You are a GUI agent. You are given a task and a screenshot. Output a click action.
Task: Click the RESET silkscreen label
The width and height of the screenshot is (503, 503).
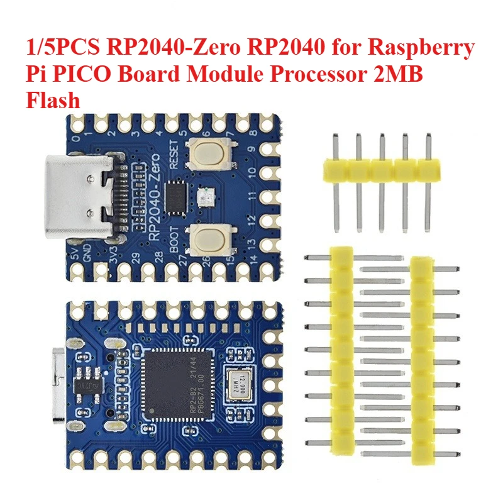pyautogui.click(x=174, y=156)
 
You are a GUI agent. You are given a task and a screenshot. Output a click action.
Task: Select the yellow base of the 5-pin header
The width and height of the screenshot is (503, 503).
pyautogui.click(x=380, y=170)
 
